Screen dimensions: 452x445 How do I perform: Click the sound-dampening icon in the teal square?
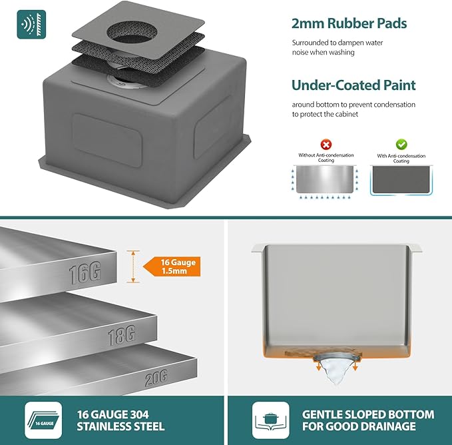click(31, 25)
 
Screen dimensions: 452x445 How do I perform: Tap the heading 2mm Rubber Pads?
click(349, 23)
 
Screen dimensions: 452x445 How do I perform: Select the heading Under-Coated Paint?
click(353, 85)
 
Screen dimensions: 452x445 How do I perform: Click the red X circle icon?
click(326, 144)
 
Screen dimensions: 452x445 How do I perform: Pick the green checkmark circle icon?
click(401, 144)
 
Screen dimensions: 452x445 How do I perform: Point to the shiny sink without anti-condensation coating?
click(325, 179)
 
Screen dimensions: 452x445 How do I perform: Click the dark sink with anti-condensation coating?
click(401, 180)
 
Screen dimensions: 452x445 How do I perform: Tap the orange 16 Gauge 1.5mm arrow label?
click(172, 266)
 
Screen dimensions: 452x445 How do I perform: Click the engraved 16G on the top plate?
click(85, 272)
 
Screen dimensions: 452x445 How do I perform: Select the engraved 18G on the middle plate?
click(122, 335)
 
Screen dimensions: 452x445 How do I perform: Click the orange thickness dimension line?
click(133, 266)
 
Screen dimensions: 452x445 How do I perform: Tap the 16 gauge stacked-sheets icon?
click(43, 420)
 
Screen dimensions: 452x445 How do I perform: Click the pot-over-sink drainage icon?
click(271, 420)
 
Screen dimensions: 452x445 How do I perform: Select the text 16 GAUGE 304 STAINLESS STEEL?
click(120, 420)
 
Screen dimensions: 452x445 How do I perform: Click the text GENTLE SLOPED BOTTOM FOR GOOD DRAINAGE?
click(368, 420)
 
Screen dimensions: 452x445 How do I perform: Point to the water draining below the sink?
click(336, 371)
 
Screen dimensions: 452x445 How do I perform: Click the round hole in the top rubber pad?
click(132, 33)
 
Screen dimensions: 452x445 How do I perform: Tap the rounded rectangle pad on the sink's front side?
click(107, 140)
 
